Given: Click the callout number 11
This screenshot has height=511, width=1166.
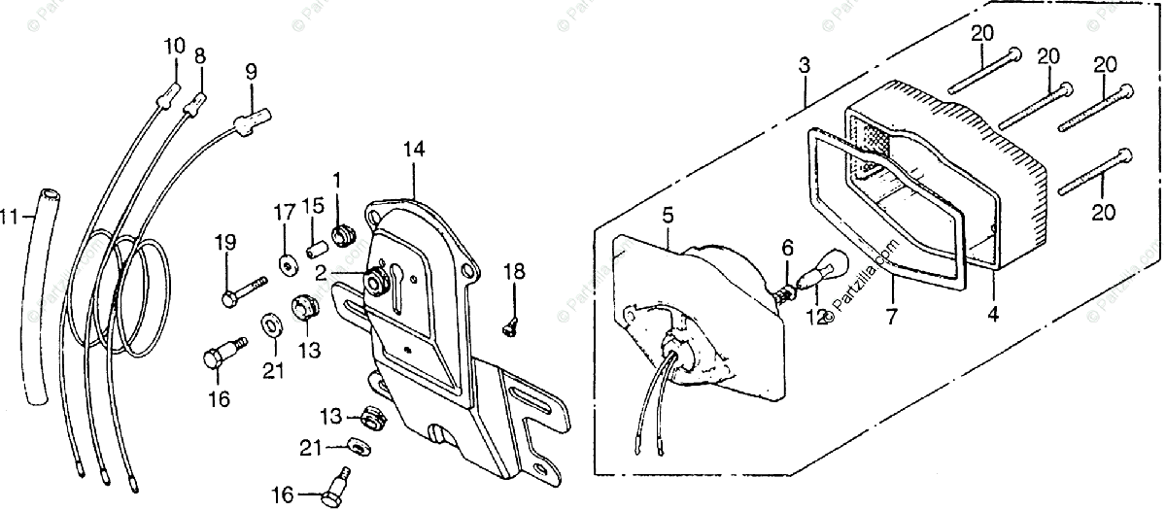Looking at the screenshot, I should pyautogui.click(x=10, y=218).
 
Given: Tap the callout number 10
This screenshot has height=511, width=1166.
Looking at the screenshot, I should pyautogui.click(x=173, y=45).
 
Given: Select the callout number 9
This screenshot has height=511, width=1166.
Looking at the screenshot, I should pyautogui.click(x=251, y=71).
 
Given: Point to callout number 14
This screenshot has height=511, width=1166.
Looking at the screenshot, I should pyautogui.click(x=415, y=150).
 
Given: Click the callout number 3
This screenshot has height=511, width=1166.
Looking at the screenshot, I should pyautogui.click(x=804, y=68).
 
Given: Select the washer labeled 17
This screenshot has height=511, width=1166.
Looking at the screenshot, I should pyautogui.click(x=287, y=262).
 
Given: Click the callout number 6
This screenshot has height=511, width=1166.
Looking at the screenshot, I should pyautogui.click(x=788, y=249).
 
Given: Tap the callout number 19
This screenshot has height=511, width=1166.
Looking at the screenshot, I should pyautogui.click(x=224, y=242).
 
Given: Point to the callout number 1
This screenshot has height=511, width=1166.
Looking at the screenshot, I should pyautogui.click(x=336, y=180).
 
